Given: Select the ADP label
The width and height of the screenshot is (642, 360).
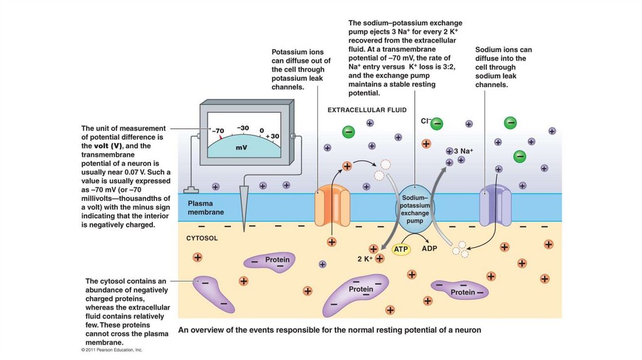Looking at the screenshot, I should [x=429, y=248].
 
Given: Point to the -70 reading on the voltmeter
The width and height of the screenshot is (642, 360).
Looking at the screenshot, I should [x=218, y=131].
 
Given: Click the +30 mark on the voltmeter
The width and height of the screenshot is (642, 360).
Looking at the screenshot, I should [x=271, y=135].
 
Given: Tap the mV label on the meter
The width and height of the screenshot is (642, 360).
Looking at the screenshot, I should [x=242, y=148].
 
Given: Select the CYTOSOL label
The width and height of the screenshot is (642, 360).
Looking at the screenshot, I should [x=202, y=238].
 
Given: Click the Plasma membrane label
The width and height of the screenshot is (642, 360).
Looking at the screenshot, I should [x=206, y=208].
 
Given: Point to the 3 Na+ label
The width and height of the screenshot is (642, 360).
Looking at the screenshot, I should [x=463, y=151].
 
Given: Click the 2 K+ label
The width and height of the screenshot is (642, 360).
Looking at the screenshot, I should [x=365, y=258].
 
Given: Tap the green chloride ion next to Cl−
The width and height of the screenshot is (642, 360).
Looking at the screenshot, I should [x=437, y=124].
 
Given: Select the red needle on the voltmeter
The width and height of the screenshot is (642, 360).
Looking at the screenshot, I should [x=221, y=137].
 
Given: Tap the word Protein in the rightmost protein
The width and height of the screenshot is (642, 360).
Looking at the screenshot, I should [x=463, y=292].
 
